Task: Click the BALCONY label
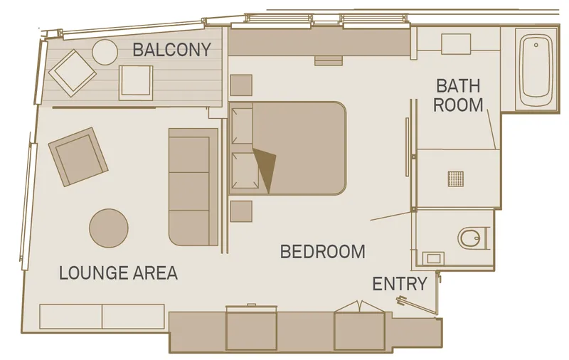click(171, 50)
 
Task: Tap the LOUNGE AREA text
click(118, 273)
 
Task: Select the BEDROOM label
click(323, 252)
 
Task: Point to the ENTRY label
click(400, 284)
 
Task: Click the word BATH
click(458, 86)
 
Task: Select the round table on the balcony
click(105, 52)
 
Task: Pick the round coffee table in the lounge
click(109, 228)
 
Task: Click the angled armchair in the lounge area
click(78, 157)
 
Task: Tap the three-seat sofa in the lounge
click(193, 186)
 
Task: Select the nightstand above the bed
click(241, 85)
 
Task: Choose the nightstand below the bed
click(241, 211)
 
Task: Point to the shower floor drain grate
click(456, 179)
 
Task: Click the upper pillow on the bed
click(242, 125)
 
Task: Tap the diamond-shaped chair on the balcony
click(73, 73)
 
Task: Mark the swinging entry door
click(417, 305)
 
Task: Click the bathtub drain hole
click(536, 46)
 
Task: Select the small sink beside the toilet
click(433, 258)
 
